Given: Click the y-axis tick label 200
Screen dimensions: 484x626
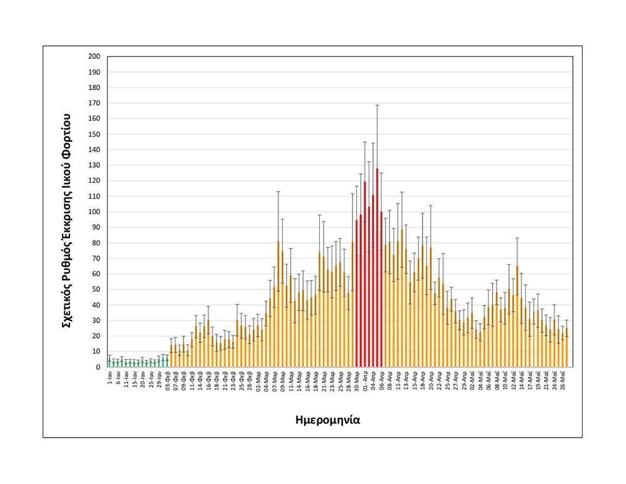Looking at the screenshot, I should tap(95, 56).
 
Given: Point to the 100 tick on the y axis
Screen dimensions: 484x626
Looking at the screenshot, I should tap(95, 212).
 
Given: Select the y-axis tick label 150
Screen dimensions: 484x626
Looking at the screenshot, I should tap(95, 134).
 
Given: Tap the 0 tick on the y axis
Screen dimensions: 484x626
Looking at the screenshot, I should tap(98, 367).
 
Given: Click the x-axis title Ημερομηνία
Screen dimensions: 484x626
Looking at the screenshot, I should tap(327, 420).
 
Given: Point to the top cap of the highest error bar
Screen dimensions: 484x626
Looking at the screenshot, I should tap(377, 105).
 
